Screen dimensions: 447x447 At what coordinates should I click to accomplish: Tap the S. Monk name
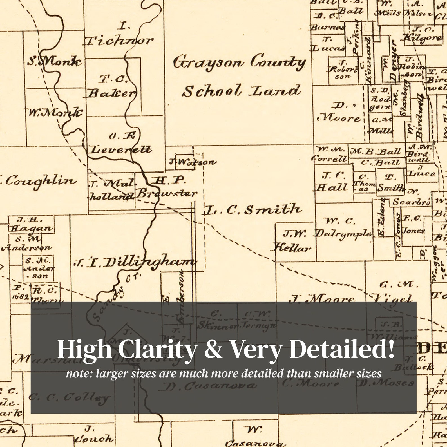pyautogui.click(x=55, y=61)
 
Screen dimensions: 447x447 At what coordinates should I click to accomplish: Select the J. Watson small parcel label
pyautogui.click(x=193, y=162)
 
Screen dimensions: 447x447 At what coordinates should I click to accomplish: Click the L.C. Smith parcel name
pyautogui.click(x=252, y=210)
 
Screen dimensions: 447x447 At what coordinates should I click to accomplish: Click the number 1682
pyautogui.click(x=20, y=297)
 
